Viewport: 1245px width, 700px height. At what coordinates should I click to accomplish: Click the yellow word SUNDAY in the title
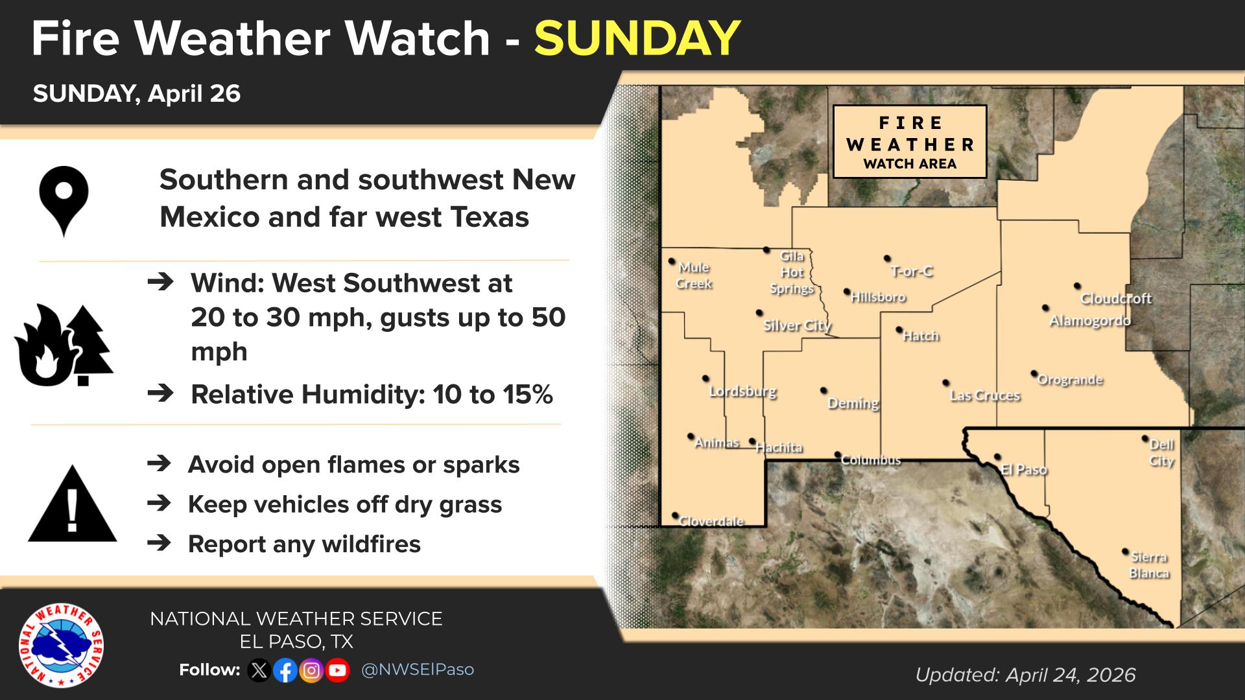pyautogui.click(x=637, y=38)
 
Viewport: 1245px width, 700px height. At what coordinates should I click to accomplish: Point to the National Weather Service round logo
pyautogui.click(x=61, y=646)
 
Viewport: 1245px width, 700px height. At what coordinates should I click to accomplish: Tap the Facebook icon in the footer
pyautogui.click(x=285, y=670)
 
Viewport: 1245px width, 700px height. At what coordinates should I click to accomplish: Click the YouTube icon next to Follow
pyautogui.click(x=337, y=670)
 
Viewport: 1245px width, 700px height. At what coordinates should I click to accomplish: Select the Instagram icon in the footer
pyautogui.click(x=311, y=670)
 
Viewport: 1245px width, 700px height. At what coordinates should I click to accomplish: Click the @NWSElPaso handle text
pyautogui.click(x=418, y=670)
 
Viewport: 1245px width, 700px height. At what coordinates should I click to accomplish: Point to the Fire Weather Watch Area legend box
pyautogui.click(x=910, y=142)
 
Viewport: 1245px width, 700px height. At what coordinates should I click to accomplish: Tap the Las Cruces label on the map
pyautogui.click(x=985, y=395)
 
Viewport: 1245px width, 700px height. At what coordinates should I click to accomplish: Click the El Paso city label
pyautogui.click(x=1024, y=469)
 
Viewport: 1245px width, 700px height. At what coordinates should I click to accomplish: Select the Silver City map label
pyautogui.click(x=797, y=325)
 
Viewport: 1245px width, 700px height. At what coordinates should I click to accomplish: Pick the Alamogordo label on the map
pyautogui.click(x=1090, y=320)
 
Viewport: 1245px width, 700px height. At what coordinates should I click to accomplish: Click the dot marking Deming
pyautogui.click(x=824, y=390)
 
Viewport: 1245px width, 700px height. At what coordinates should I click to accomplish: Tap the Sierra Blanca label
pyautogui.click(x=1149, y=565)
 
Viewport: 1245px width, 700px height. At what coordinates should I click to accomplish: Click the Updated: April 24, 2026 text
pyautogui.click(x=1025, y=675)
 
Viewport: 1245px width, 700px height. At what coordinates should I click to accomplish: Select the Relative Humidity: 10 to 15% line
pyautogui.click(x=372, y=394)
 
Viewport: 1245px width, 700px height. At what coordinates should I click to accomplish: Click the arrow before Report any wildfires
pyautogui.click(x=160, y=543)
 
